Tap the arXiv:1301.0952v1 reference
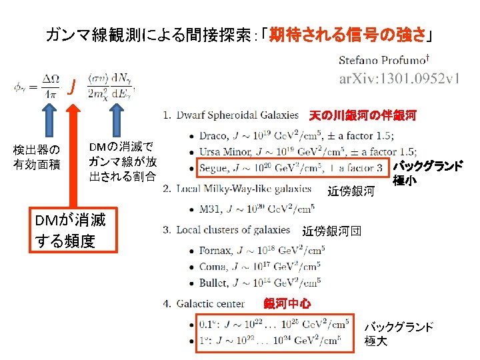399,79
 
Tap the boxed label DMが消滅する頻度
75,231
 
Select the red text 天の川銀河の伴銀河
363,116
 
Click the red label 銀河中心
287,304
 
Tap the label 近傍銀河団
332,231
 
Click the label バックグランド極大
398,333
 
